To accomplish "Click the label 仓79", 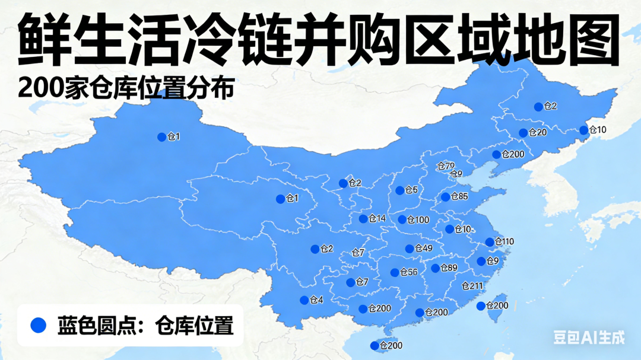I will tap(446, 165).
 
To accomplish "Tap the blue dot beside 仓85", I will tap(445, 197).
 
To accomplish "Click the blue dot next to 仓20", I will tap(523, 133).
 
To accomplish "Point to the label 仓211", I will tap(472, 286).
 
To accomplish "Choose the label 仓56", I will tap(409, 273).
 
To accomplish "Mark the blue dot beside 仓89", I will tap(435, 268).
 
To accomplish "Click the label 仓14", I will tap(377, 219).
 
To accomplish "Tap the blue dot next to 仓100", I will tap(402, 219).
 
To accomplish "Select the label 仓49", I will tap(423, 249).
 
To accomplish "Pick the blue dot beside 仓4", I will tap(304, 300).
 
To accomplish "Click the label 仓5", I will tap(411, 190).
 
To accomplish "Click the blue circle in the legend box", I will tap(39, 324).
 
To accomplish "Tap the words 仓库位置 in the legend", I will tap(194, 325).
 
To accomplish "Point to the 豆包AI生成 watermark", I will tap(589, 337).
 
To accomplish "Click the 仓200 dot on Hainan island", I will tap(375, 346).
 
